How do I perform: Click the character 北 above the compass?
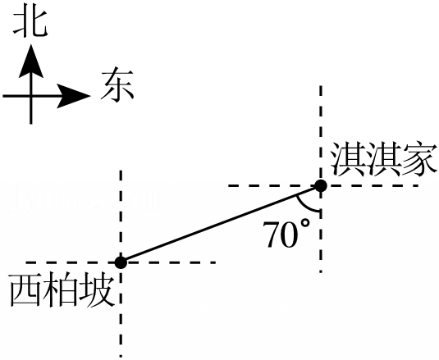click(30, 24)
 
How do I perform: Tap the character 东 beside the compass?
click(117, 84)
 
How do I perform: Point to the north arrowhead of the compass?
click(31, 61)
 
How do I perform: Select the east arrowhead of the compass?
click(74, 96)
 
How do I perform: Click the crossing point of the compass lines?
click(31, 96)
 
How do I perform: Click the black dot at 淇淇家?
click(321, 185)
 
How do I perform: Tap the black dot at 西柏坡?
click(121, 262)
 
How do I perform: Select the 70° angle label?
click(286, 234)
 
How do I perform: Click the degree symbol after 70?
click(305, 224)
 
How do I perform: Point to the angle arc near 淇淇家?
click(304, 206)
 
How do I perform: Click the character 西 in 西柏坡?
click(25, 291)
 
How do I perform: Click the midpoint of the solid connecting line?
click(221, 224)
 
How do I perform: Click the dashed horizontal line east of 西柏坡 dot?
click(171, 262)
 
